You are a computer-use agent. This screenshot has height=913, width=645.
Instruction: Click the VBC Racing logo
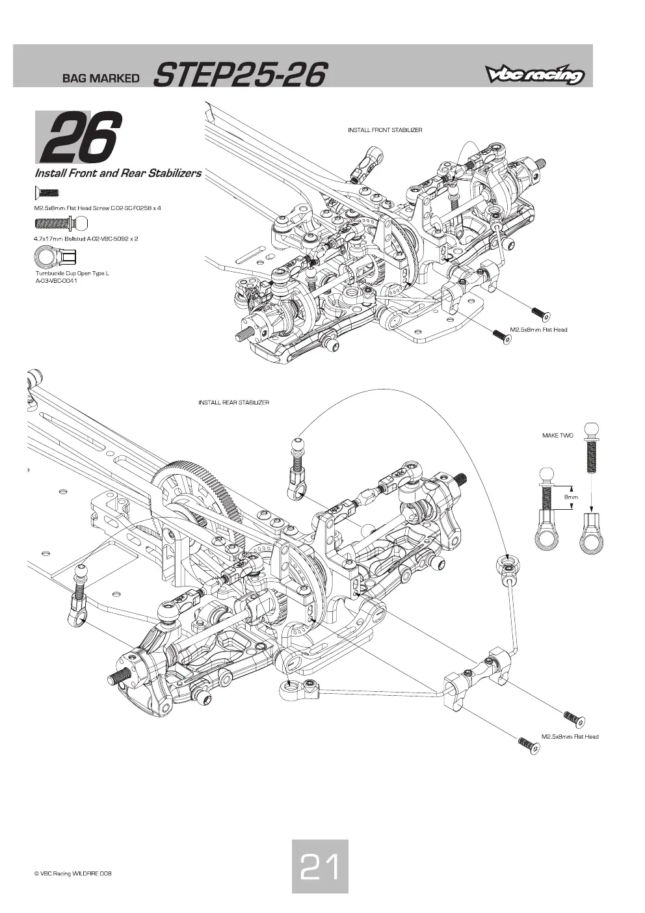[534, 75]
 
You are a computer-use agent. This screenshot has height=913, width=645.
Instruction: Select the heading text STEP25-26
[241, 75]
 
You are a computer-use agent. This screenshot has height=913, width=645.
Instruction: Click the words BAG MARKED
[101, 78]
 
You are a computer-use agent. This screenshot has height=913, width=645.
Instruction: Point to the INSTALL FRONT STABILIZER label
[385, 130]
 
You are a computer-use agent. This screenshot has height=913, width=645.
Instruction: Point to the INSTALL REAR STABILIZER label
[233, 403]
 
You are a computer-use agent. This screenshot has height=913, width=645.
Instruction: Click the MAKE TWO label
[557, 435]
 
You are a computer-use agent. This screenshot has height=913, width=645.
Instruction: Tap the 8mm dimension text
[571, 497]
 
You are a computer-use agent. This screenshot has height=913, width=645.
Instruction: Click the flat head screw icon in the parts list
[47, 192]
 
